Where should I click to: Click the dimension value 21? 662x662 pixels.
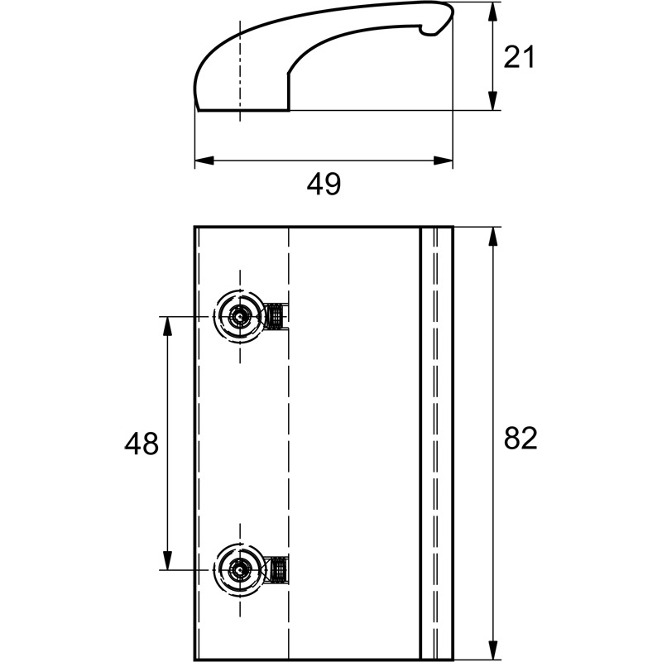point(520,56)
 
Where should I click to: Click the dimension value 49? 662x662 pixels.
point(324,184)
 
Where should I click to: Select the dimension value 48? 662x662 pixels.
point(142,443)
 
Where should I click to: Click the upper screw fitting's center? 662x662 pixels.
point(240,316)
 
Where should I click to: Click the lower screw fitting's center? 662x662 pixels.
point(240,570)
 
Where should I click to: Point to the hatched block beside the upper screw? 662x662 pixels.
point(276,316)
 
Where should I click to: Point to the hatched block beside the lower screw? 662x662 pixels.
point(278,570)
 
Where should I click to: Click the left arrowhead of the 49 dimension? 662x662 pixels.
point(204,161)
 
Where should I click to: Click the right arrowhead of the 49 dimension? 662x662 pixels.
point(443,161)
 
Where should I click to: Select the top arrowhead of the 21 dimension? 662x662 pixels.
point(492,12)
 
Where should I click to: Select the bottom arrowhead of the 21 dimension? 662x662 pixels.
point(492,101)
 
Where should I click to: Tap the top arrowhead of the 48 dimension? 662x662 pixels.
point(168,326)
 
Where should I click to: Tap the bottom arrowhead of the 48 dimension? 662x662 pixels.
point(168,560)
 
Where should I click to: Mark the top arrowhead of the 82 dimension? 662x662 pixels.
point(492,237)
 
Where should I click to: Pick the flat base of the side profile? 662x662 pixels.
point(243,111)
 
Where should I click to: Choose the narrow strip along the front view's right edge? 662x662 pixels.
point(438,443)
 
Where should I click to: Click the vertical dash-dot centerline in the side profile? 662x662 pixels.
point(240,71)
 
